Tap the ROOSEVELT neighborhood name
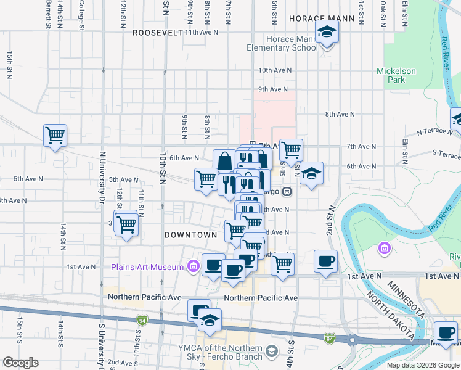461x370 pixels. click(x=158, y=32)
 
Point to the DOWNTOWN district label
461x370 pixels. click(x=190, y=235)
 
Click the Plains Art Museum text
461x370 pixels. click(x=147, y=267)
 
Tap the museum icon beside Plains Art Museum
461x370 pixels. click(x=194, y=266)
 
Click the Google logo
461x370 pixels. click(x=20, y=363)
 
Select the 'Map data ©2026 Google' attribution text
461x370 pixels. click(x=423, y=365)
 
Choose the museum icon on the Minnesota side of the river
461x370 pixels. click(x=384, y=249)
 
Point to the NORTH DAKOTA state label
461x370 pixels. click(x=388, y=316)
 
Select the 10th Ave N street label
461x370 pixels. click(x=275, y=71)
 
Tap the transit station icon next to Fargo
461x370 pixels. click(x=287, y=191)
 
